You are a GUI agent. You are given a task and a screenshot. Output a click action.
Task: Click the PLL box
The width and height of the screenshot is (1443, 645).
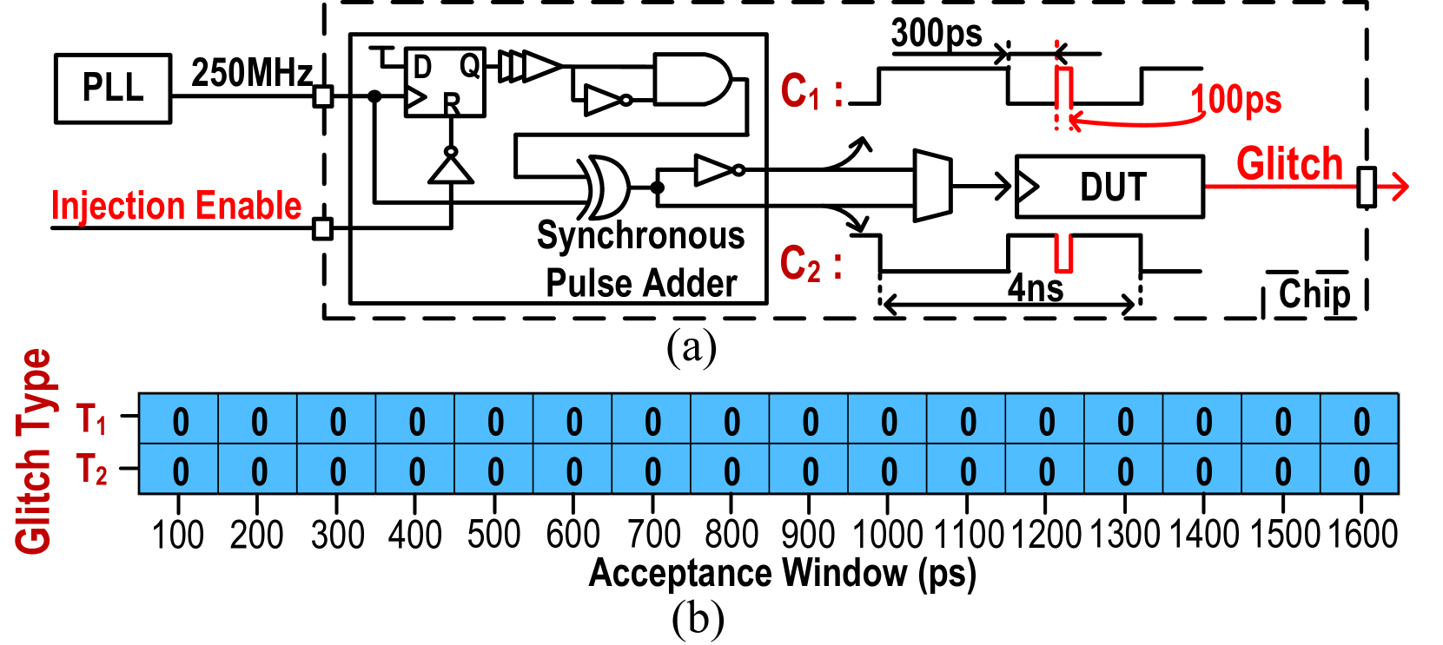pos(113,89)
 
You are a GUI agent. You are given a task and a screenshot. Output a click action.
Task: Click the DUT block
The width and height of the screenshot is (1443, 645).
pos(1110,187)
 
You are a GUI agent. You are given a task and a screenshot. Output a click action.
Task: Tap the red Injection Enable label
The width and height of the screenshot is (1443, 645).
pos(176,206)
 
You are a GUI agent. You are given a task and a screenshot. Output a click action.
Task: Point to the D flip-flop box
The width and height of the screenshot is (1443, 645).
pos(445,82)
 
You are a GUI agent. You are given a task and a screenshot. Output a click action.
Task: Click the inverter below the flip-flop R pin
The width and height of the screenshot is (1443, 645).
pos(451,166)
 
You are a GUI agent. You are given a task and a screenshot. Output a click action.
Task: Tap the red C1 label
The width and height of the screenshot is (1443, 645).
pos(800,91)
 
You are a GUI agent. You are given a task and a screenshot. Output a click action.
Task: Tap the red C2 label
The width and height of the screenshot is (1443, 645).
pos(800,264)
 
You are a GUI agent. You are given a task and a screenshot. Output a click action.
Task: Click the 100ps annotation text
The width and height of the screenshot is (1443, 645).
pos(1235,100)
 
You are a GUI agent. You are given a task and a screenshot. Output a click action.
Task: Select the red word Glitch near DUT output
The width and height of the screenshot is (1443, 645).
pos(1289,164)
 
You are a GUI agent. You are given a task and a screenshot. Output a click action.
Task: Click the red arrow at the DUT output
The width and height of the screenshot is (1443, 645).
pos(1393,186)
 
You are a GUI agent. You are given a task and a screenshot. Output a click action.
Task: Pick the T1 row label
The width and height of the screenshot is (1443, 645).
pos(91,419)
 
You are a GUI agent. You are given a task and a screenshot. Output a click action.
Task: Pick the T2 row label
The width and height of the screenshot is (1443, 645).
pos(91,470)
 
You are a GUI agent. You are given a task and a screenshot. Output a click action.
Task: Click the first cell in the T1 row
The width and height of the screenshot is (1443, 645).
pos(180,421)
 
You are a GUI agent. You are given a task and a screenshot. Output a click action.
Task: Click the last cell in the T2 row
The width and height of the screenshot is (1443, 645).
pos(1360,471)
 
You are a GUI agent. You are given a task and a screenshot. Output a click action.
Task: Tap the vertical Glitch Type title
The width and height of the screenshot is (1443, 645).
pos(34,451)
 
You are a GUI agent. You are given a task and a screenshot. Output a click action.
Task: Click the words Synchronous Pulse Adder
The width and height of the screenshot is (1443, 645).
pos(641,259)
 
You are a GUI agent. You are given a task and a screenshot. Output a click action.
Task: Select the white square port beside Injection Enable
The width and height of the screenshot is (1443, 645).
pos(323,229)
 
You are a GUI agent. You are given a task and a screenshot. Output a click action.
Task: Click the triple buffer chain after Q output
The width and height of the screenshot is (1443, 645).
pos(528,66)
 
